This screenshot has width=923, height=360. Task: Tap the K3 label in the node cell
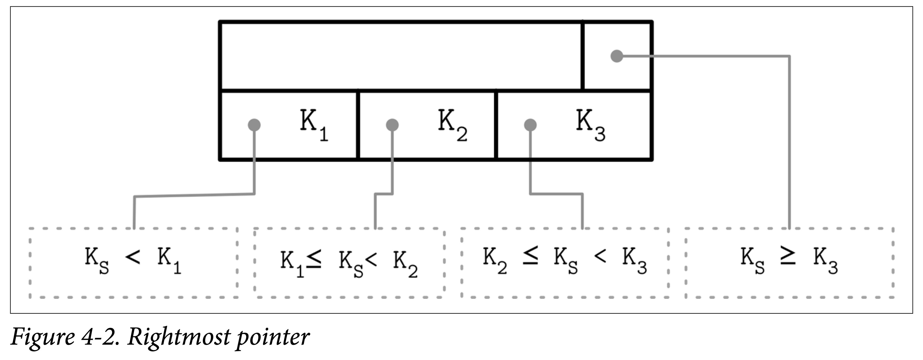591,125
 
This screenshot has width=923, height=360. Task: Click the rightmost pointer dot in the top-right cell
617,56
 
